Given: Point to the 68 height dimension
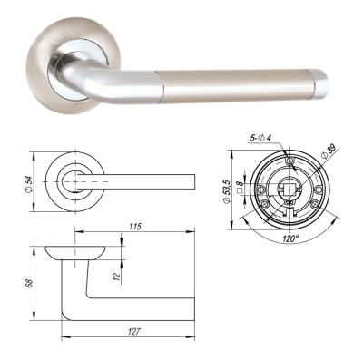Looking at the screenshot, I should coord(31,286).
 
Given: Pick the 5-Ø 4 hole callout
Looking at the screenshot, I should coord(264,137).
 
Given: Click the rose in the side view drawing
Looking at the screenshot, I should coord(82,250).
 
